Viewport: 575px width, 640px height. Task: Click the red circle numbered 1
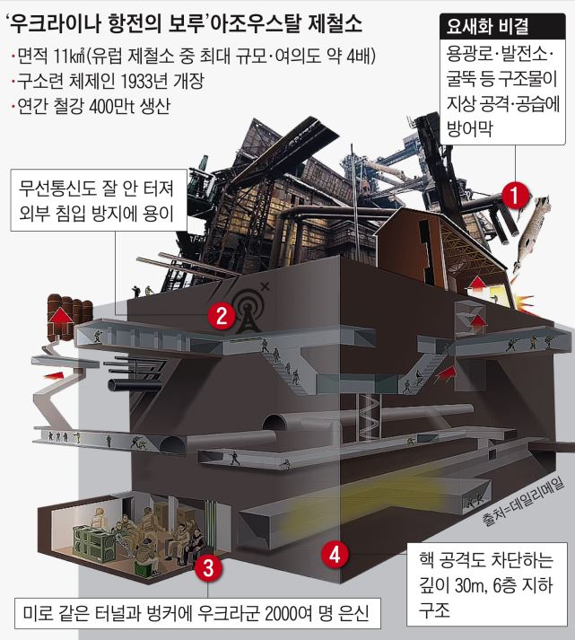pyautogui.click(x=515, y=195)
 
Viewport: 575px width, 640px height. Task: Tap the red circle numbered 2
pyautogui.click(x=222, y=315)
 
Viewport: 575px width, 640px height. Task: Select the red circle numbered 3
pyautogui.click(x=207, y=567)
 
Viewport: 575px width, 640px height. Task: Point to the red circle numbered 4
pyautogui.click(x=335, y=555)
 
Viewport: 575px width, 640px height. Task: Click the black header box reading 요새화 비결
pyautogui.click(x=502, y=27)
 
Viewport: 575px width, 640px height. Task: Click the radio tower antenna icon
pyautogui.click(x=248, y=311)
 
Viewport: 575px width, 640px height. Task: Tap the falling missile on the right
pyautogui.click(x=530, y=232)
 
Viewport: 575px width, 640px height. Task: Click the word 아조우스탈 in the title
pyautogui.click(x=253, y=23)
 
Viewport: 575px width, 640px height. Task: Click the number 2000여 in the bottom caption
pyautogui.click(x=288, y=613)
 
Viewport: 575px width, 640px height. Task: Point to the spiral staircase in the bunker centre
pyautogui.click(x=369, y=417)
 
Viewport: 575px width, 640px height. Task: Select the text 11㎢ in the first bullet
pyautogui.click(x=69, y=56)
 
